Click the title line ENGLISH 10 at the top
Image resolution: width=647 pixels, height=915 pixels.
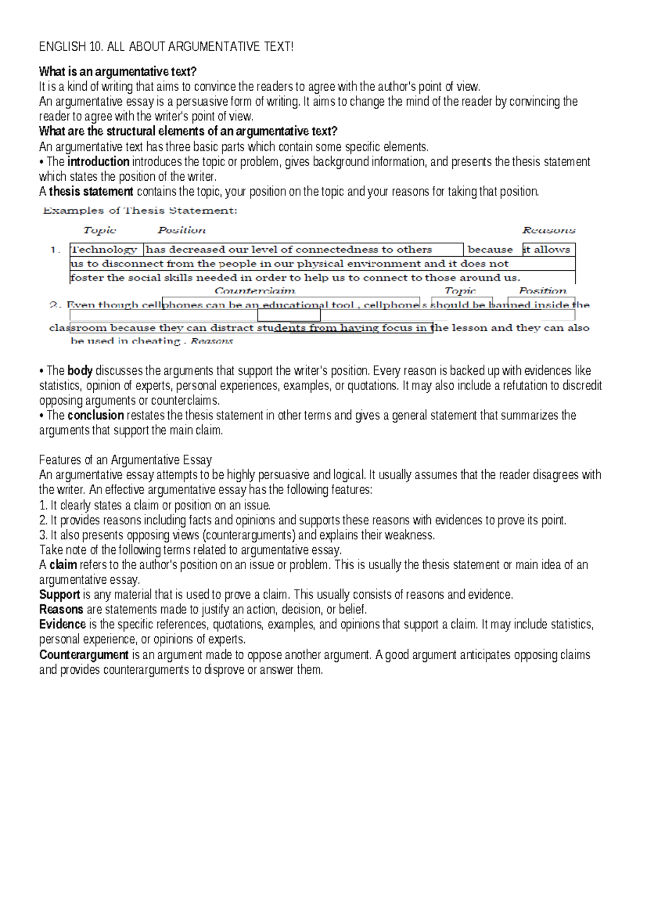click(x=166, y=47)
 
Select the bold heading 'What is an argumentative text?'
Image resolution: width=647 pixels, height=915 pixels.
click(x=118, y=72)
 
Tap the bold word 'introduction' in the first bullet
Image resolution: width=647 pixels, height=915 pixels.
click(x=98, y=162)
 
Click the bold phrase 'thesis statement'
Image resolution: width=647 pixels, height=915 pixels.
click(x=91, y=192)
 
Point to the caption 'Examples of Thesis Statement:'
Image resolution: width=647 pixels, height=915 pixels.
click(x=140, y=211)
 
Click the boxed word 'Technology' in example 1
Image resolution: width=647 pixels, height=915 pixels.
click(x=105, y=250)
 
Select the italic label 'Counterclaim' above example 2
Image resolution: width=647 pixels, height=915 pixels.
click(x=254, y=291)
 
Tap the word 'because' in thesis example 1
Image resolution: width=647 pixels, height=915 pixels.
click(x=490, y=250)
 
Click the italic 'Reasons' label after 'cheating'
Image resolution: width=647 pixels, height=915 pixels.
click(x=212, y=341)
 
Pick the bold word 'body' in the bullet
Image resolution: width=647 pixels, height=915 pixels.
click(x=80, y=371)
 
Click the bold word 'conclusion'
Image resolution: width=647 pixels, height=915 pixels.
click(x=95, y=415)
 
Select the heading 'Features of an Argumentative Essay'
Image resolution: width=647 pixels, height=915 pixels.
click(x=125, y=460)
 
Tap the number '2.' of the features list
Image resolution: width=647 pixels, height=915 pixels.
click(x=44, y=521)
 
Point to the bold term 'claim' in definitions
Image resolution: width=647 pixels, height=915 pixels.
click(x=63, y=565)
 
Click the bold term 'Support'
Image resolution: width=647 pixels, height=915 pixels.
click(x=59, y=595)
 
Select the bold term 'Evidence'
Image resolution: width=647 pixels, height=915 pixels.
click(x=63, y=625)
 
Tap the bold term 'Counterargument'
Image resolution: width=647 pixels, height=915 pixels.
click(x=84, y=655)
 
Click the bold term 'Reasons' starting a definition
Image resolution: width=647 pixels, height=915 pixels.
click(x=61, y=610)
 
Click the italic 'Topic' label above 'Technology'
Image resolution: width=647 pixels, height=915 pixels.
click(x=100, y=230)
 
